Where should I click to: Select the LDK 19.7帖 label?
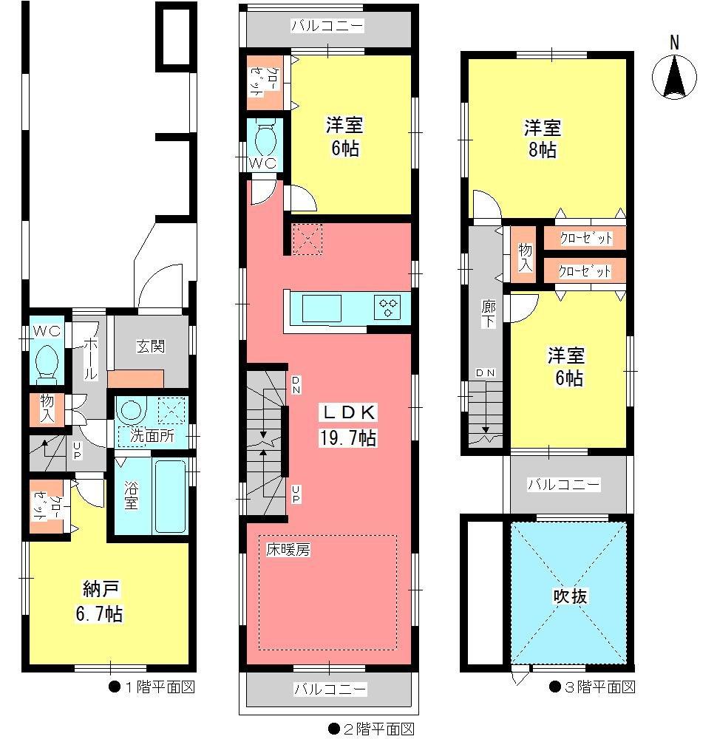tap(347, 425)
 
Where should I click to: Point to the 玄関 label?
tap(150, 346)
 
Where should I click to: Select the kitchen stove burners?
tap(389, 306)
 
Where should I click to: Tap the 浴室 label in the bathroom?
tap(131, 495)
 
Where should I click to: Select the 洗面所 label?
tap(152, 436)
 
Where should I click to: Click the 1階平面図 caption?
tap(156, 687)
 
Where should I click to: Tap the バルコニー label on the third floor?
tap(564, 485)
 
